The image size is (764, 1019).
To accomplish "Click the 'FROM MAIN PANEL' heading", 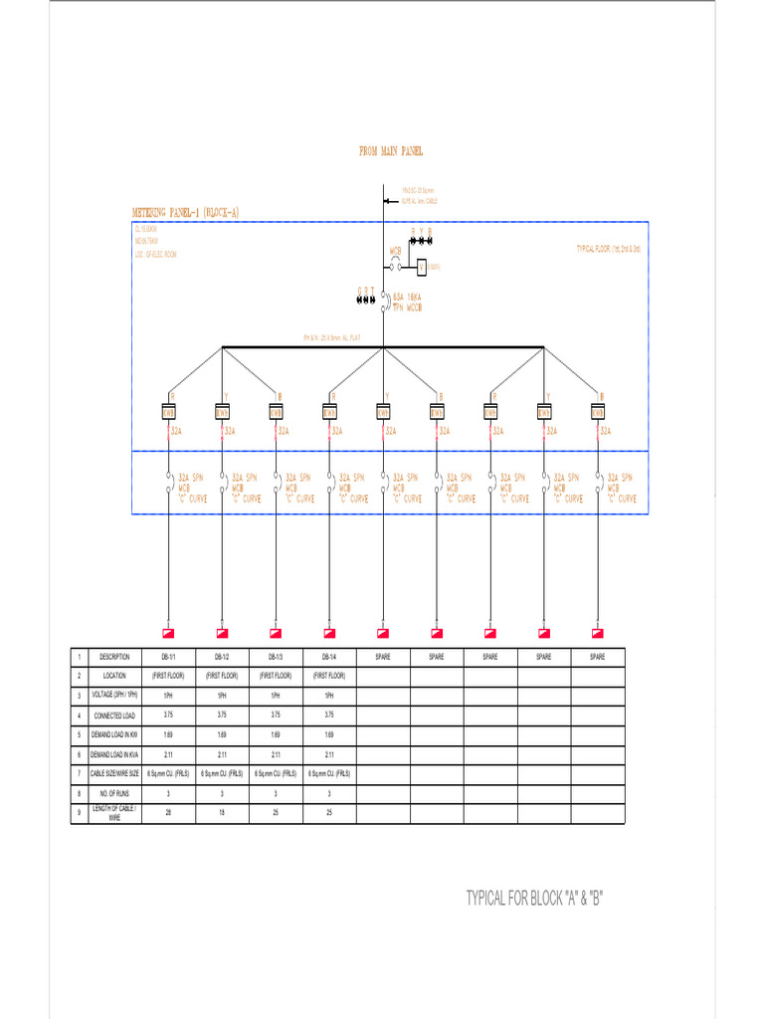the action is tap(391, 151).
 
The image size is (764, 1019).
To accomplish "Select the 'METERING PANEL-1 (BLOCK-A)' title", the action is tap(186, 213).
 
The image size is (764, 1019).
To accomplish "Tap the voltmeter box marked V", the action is tap(421, 267).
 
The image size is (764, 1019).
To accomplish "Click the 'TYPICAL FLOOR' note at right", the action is tap(608, 248).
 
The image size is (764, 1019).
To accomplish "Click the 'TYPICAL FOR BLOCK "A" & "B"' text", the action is tap(534, 900).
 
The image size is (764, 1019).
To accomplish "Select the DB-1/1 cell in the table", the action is tap(168, 657).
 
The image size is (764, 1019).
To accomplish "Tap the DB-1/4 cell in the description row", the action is tap(329, 657).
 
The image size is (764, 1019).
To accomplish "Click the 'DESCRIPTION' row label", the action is tap(114, 657).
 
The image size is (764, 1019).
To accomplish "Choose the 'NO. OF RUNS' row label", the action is tap(114, 793).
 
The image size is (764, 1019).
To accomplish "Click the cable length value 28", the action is tap(168, 814).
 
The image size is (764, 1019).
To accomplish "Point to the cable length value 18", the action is tap(222, 814).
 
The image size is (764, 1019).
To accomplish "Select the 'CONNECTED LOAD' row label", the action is tap(114, 715).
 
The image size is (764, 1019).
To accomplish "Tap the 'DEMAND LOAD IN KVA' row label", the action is tap(114, 754).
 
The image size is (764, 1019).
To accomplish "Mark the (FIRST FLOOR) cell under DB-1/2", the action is tap(222, 676).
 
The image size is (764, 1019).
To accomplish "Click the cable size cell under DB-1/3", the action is tap(276, 773).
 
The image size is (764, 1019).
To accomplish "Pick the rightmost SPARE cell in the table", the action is tap(598, 657).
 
